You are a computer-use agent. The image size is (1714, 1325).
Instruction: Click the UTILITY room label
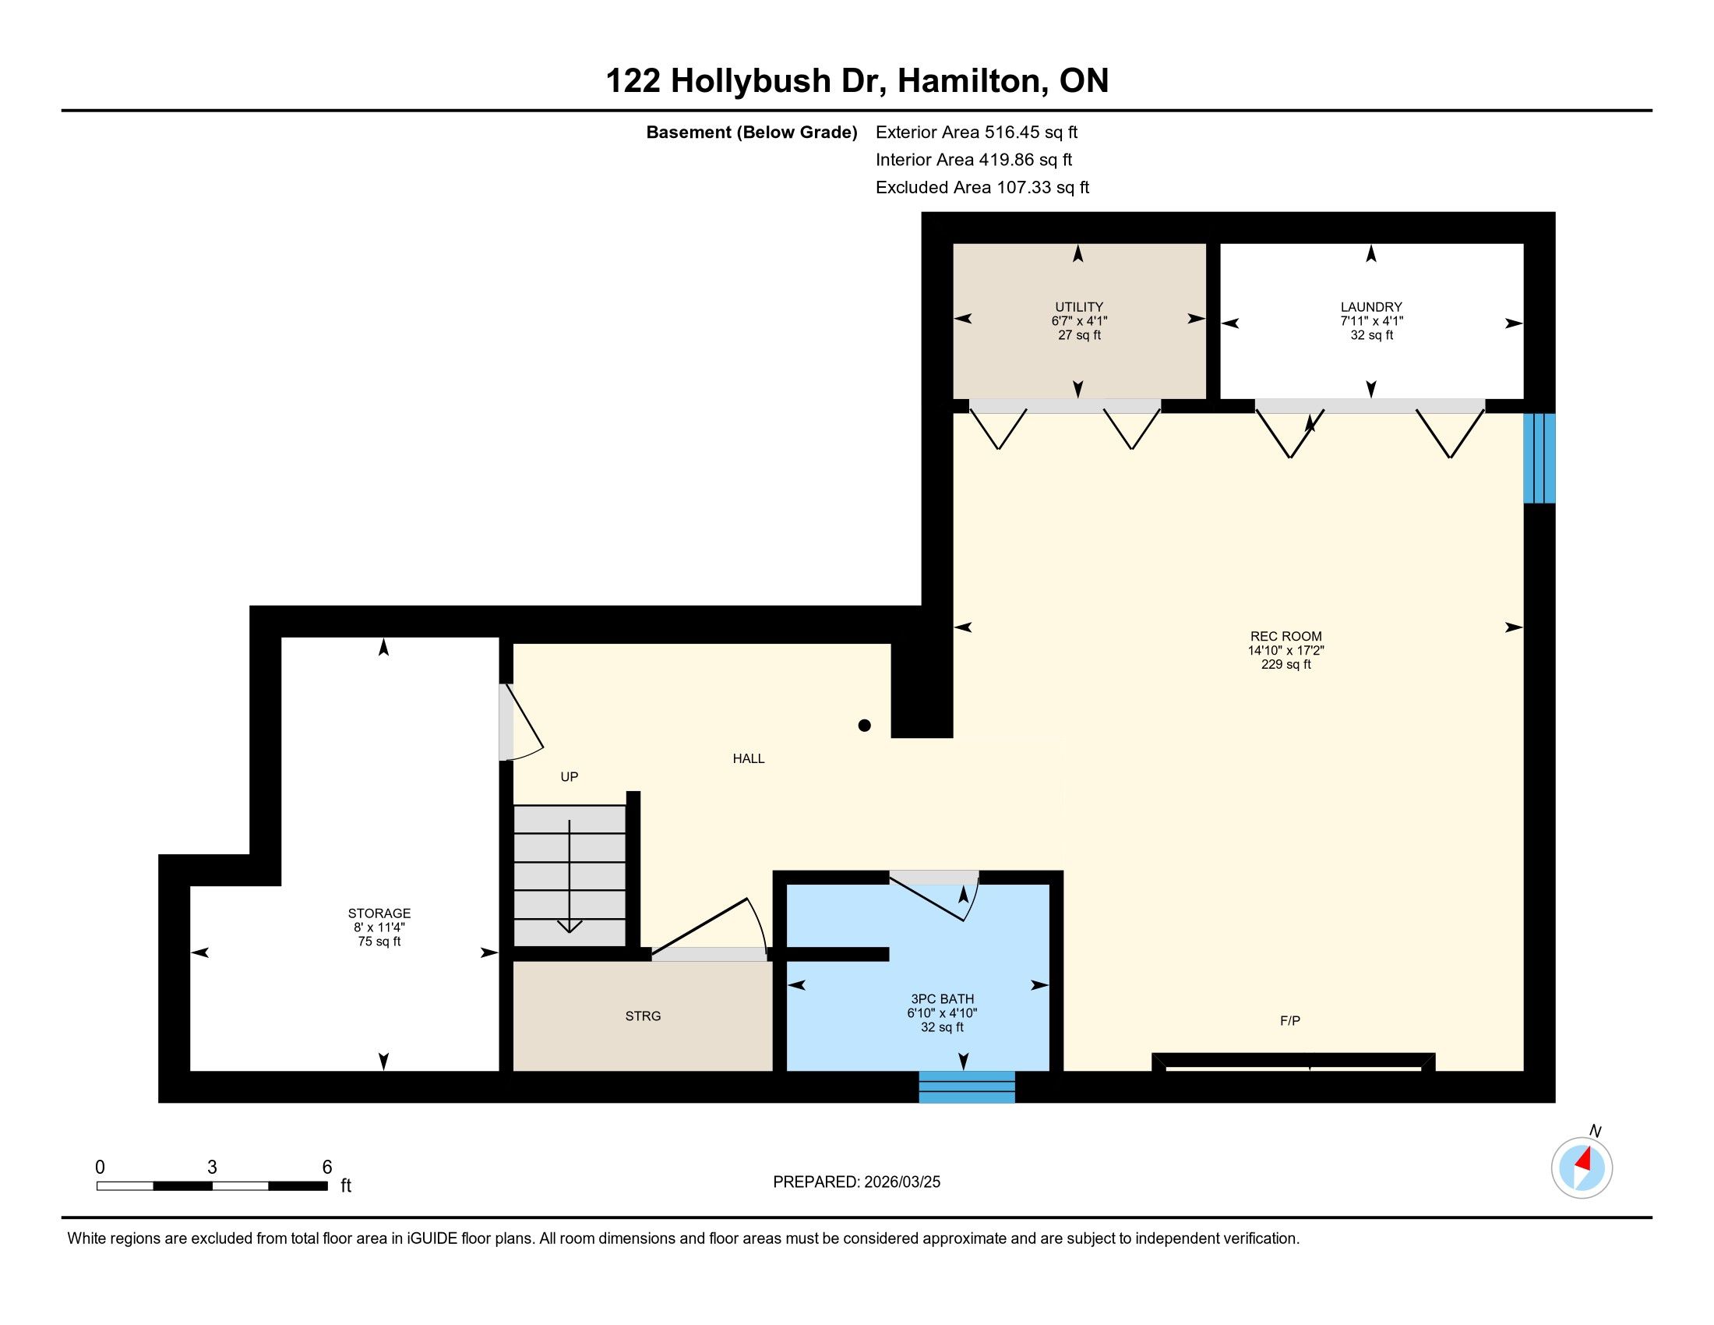tap(1079, 307)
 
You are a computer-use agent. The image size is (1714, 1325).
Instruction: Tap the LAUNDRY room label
tap(1371, 307)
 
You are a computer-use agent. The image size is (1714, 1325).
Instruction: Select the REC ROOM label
tap(1285, 637)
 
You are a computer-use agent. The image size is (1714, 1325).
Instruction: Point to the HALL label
tap(749, 758)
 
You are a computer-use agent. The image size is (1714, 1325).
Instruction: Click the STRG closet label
tap(643, 1016)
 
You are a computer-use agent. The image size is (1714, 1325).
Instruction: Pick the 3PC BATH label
tap(942, 998)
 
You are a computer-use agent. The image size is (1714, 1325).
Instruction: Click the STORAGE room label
tap(379, 913)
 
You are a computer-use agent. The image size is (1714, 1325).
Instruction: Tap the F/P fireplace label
tap(1290, 1020)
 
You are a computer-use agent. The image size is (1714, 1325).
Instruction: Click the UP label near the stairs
tap(569, 776)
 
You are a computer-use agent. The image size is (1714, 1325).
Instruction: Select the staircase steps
tap(570, 876)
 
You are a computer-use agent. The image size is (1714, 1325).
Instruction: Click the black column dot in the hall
tap(864, 726)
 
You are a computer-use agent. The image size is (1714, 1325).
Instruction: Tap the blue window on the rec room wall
tap(1539, 458)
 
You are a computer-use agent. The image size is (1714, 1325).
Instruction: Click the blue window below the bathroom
tap(967, 1087)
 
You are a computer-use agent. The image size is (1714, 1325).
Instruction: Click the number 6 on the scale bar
tap(327, 1168)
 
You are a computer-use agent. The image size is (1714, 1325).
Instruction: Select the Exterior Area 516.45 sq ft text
tap(977, 132)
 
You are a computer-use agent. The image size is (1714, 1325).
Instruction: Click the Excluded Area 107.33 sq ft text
tap(982, 188)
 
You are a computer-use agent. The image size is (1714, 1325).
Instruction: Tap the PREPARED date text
tap(856, 1182)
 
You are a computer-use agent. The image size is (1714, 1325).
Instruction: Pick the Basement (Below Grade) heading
tap(751, 132)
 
